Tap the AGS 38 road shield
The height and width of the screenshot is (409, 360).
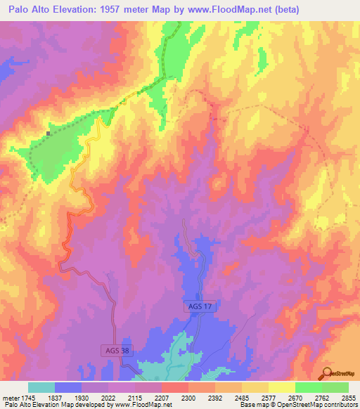point(106,349)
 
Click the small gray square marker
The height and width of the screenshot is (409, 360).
point(48,133)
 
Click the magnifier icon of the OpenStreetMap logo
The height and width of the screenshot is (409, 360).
point(327,372)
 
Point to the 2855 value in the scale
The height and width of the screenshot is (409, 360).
point(348,397)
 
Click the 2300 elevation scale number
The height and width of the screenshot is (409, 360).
point(188,397)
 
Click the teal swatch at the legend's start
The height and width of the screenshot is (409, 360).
point(41,387)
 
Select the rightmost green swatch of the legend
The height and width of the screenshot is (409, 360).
point(335,387)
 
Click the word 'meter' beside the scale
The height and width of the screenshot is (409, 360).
point(9,397)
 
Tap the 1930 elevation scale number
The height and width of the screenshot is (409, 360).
point(82,397)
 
